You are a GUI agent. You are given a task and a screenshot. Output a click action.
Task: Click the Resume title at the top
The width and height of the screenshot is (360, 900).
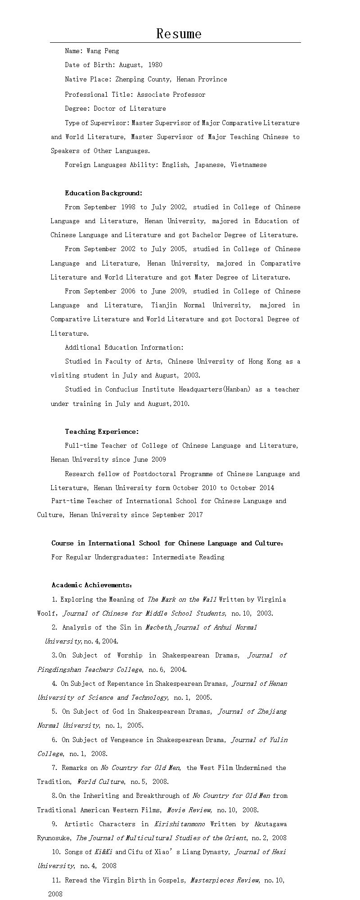(179, 34)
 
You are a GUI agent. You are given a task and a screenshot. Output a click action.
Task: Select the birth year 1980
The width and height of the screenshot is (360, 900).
(155, 65)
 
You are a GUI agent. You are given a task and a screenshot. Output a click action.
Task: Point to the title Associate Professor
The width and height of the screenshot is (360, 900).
(171, 94)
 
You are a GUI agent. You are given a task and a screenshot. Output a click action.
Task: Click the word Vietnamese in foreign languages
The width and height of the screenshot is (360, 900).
(248, 165)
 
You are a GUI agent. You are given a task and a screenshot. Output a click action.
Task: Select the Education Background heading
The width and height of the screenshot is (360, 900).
(103, 193)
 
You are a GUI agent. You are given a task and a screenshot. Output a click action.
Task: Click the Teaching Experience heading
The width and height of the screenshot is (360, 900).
(102, 432)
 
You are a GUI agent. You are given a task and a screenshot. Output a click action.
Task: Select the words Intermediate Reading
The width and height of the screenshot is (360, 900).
(188, 557)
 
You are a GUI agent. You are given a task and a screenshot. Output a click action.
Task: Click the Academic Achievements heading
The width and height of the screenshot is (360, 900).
(92, 585)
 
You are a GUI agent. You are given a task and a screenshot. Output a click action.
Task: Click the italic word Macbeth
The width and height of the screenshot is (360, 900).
(158, 627)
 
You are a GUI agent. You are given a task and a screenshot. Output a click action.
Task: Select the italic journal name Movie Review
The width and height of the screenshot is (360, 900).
(188, 810)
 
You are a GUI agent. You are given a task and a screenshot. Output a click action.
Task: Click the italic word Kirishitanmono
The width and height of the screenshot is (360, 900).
(179, 824)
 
